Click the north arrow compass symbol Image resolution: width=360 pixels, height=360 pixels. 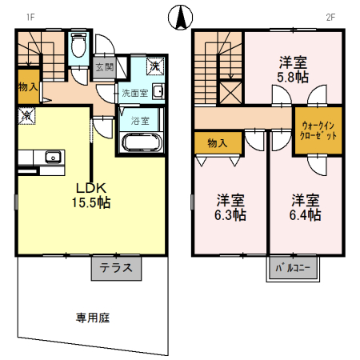coord(179,15)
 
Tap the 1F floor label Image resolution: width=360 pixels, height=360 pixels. coord(30,16)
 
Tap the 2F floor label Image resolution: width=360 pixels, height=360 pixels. coord(329,16)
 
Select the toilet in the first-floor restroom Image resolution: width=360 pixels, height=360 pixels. coord(78,48)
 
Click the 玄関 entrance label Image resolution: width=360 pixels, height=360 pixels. coord(104,67)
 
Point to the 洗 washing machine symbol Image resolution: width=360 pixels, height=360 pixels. coord(155,66)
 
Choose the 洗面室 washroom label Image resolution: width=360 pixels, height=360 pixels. coord(134,93)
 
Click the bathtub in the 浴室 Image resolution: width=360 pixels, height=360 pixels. coord(142,142)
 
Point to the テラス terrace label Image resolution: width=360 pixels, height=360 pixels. coord(117,269)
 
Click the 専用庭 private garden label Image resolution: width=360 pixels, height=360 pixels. coord(92,318)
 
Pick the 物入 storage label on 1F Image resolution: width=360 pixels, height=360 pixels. coord(27,86)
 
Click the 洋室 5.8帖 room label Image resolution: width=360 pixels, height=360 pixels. coord(294,69)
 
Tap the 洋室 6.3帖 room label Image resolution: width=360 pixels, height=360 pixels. coord(230,207)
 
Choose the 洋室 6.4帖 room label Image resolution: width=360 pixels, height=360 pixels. coord(306,207)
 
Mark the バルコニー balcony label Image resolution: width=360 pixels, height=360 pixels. coord(292,269)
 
